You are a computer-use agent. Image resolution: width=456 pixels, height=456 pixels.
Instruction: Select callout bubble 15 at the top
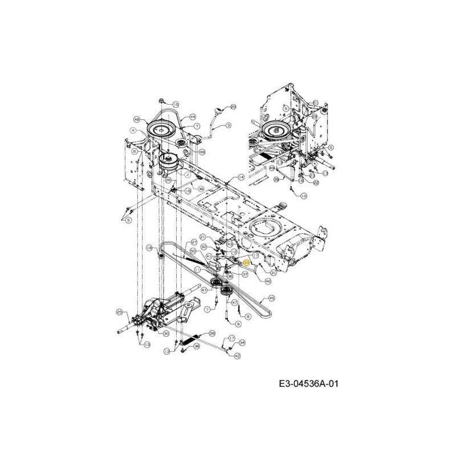coord(176,104)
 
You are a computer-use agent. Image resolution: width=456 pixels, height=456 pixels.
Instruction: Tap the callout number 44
coord(193,116)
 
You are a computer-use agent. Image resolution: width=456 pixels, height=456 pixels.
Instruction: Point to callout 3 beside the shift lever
coord(228,125)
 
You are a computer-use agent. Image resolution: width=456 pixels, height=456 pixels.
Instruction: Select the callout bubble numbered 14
coord(242,177)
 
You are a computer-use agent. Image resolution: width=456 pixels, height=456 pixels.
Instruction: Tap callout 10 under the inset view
coord(303,196)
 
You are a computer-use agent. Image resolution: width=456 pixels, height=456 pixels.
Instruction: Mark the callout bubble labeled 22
coord(316,182)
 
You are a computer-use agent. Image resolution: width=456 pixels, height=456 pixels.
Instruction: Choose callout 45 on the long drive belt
coord(272,298)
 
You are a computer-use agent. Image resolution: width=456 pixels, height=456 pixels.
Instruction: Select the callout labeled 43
coord(230,244)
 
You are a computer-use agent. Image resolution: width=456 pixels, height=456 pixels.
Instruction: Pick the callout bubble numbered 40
coord(268,280)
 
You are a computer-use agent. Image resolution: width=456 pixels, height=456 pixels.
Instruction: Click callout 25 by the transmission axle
coord(119,311)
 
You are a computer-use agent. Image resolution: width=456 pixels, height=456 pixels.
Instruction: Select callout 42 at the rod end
coord(237,356)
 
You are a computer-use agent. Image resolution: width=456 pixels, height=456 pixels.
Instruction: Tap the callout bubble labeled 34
coord(242,343)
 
